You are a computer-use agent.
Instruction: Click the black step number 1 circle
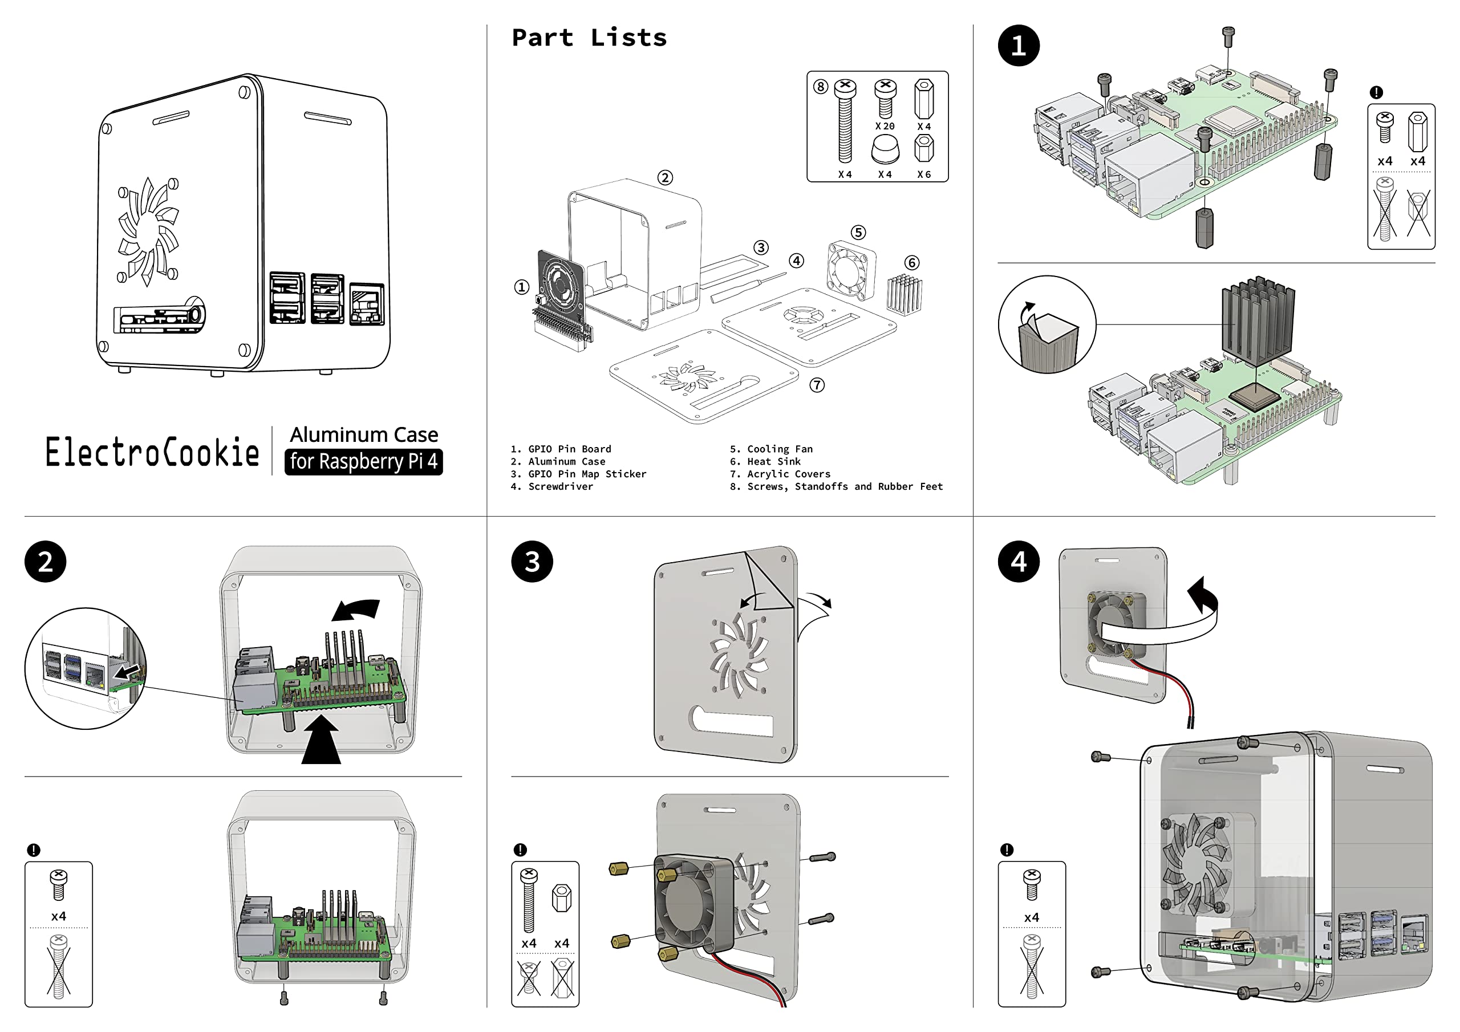(1018, 46)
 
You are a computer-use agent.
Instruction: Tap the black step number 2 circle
(45, 562)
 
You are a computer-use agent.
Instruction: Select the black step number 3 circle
(532, 562)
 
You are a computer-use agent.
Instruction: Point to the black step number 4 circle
(1018, 562)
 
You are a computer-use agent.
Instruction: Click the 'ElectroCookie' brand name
(152, 452)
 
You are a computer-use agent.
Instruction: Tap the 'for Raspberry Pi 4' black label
(363, 461)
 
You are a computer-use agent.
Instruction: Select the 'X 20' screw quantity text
(885, 127)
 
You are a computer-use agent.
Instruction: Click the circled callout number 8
(820, 87)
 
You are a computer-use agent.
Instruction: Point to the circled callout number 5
(858, 232)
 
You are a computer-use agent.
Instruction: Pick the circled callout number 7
(817, 385)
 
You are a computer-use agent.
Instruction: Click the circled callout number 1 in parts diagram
(521, 287)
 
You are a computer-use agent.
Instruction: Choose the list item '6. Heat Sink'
(765, 462)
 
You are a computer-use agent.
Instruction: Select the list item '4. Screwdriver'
(551, 486)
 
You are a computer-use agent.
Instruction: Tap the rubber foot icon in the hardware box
(885, 150)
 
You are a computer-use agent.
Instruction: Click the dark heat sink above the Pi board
(1257, 321)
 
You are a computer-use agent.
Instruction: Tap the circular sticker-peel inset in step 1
(1047, 324)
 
